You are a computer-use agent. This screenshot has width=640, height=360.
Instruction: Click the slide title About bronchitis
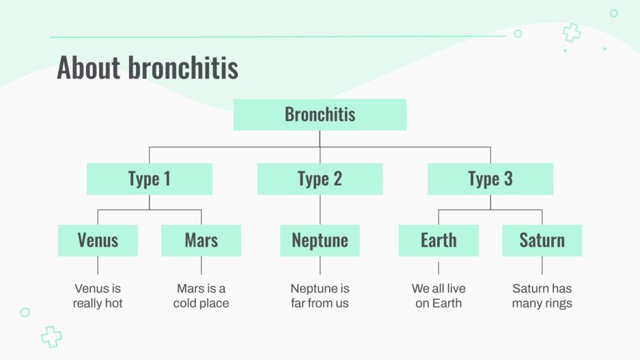pyautogui.click(x=148, y=68)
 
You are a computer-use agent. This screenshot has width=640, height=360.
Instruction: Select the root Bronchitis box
pyautogui.click(x=320, y=114)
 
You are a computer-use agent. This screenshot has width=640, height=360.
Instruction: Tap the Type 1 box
pyautogui.click(x=149, y=179)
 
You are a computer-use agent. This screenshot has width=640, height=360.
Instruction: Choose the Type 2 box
pyautogui.click(x=320, y=179)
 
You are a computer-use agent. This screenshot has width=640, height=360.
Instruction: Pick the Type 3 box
pyautogui.click(x=490, y=179)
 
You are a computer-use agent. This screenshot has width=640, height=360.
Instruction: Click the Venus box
pyautogui.click(x=98, y=240)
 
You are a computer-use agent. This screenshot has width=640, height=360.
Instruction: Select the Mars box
pyautogui.click(x=201, y=240)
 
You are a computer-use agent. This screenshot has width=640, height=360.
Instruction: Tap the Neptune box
pyautogui.click(x=320, y=240)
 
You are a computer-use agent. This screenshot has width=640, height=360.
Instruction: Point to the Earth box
pyautogui.click(x=439, y=240)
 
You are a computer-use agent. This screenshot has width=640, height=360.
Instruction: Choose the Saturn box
pyautogui.click(x=542, y=240)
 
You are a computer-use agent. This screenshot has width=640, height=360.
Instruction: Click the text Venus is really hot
pyautogui.click(x=98, y=296)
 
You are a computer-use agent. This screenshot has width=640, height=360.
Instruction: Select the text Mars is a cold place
pyautogui.click(x=201, y=296)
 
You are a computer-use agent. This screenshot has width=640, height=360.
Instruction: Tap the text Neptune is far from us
pyautogui.click(x=320, y=296)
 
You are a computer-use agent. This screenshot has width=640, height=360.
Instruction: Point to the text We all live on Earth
pyautogui.click(x=439, y=296)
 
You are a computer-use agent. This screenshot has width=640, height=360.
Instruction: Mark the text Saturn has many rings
pyautogui.click(x=542, y=296)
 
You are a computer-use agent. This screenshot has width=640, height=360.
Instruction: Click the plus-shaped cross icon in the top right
pyautogui.click(x=571, y=32)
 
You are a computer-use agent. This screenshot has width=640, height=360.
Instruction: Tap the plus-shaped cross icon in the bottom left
pyautogui.click(x=51, y=335)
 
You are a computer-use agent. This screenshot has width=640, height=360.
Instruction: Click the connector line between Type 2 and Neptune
pyautogui.click(x=320, y=210)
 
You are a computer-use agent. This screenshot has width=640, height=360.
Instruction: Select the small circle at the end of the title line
pyautogui.click(x=518, y=33)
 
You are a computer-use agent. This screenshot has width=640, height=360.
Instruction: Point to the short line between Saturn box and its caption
pyautogui.click(x=542, y=265)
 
